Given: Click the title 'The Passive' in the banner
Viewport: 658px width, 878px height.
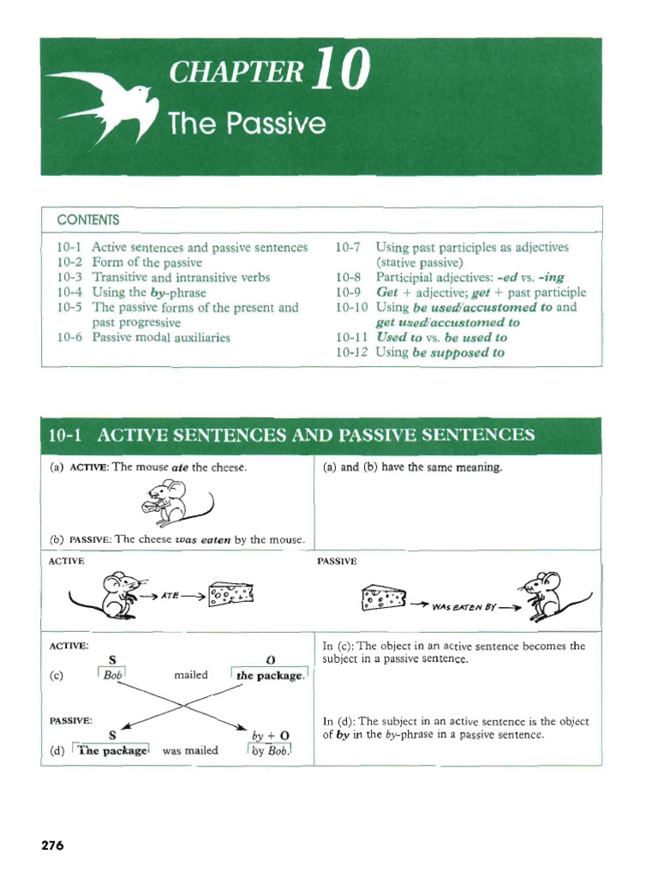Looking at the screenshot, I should coord(247,125).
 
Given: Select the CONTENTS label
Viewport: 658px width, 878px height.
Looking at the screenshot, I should coord(84,219).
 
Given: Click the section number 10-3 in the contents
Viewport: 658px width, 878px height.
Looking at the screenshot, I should coord(71,277).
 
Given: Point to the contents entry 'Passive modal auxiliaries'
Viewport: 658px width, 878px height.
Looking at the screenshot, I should coord(161,337).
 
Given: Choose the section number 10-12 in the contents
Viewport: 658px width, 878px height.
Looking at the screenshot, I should coord(352,352).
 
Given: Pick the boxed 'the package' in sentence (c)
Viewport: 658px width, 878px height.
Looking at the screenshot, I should coord(270,676).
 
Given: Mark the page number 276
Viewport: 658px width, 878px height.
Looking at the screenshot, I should coord(53,845).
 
